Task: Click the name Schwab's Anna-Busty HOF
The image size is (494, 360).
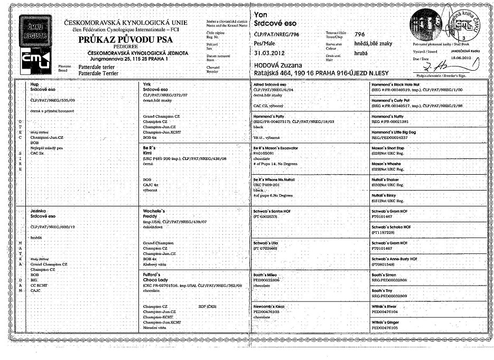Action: click(398, 259)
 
